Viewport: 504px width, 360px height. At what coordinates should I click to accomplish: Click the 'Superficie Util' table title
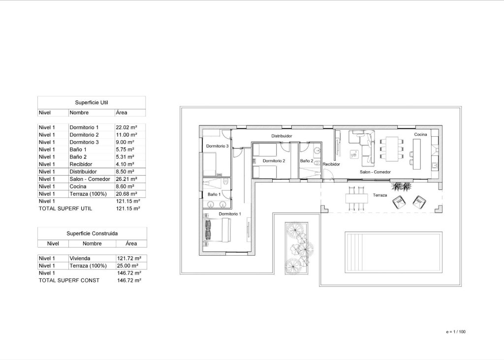click(x=91, y=102)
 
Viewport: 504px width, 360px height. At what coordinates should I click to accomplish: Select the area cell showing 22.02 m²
click(x=126, y=127)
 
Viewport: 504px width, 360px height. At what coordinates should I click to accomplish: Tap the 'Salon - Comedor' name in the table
click(x=90, y=179)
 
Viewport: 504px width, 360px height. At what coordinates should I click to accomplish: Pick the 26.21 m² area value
click(x=126, y=179)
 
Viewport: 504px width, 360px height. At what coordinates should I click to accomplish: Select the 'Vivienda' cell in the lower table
click(x=80, y=258)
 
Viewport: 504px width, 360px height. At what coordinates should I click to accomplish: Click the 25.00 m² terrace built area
click(x=128, y=266)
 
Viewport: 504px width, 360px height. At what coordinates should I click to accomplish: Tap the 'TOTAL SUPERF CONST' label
click(x=69, y=280)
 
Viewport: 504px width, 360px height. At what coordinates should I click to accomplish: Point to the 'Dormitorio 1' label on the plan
click(x=229, y=214)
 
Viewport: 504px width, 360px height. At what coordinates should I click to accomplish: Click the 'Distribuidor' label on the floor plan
click(x=282, y=136)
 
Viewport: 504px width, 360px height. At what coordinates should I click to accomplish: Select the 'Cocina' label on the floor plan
click(x=420, y=134)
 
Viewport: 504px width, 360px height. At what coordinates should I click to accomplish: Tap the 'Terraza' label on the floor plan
click(x=379, y=195)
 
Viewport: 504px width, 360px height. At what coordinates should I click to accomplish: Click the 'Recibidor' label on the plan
click(x=331, y=165)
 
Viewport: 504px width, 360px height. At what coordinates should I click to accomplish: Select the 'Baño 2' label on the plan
click(x=307, y=161)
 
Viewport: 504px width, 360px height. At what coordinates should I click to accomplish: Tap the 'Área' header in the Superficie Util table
click(x=121, y=113)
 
